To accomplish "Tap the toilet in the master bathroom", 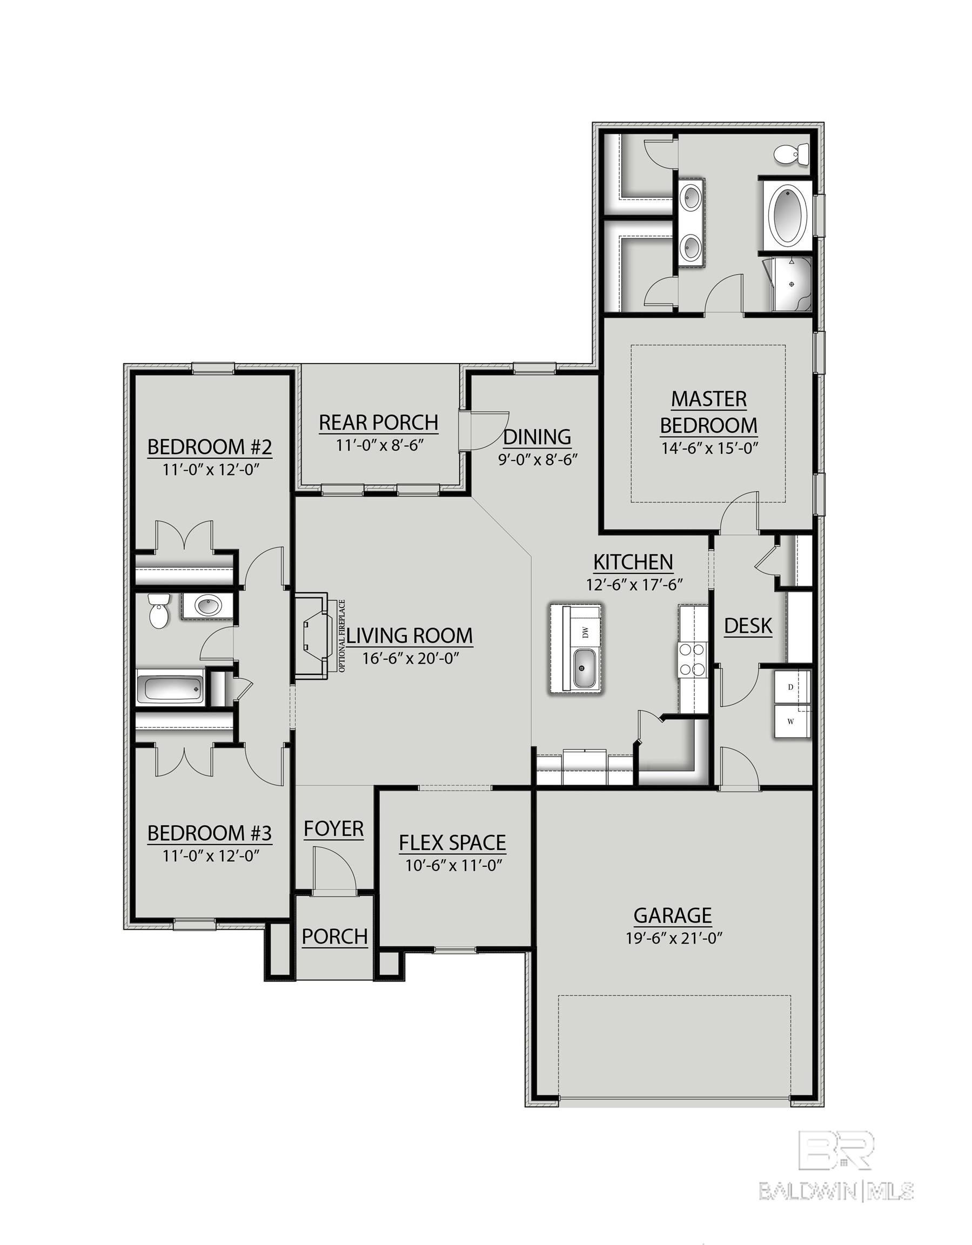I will click(x=793, y=154).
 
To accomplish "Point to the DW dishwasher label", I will click(x=585, y=631).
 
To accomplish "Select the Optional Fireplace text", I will click(x=342, y=635).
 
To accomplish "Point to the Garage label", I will click(x=673, y=915).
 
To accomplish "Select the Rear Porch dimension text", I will click(x=379, y=445).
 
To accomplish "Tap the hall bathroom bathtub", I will click(x=170, y=689).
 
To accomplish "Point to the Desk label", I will click(x=748, y=625).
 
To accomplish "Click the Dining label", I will click(x=537, y=437).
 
